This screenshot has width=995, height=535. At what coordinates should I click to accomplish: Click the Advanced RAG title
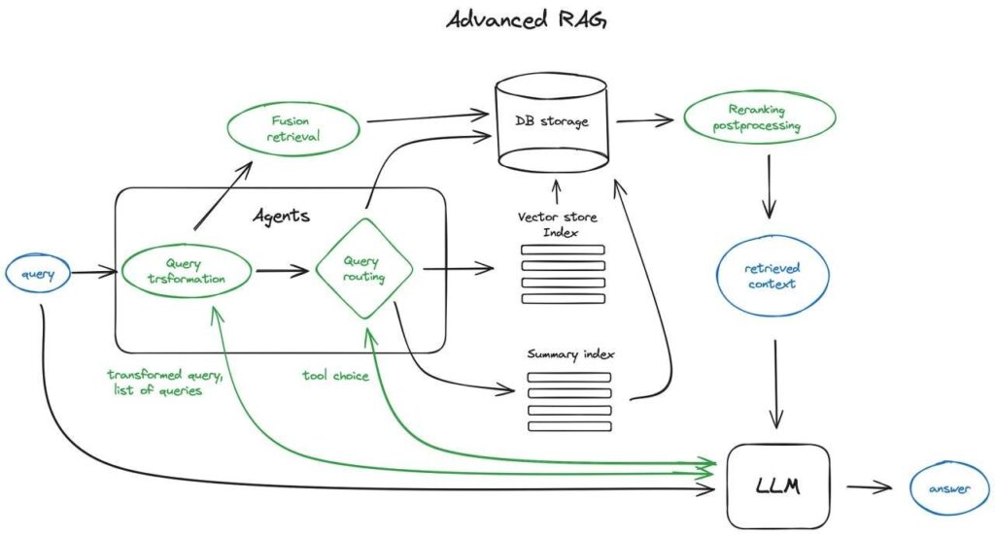(526, 21)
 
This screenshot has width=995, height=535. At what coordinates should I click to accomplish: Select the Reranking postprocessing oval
(758, 117)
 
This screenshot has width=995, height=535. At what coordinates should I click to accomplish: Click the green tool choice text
(335, 376)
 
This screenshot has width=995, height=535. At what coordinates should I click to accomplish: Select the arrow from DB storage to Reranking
(644, 120)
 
